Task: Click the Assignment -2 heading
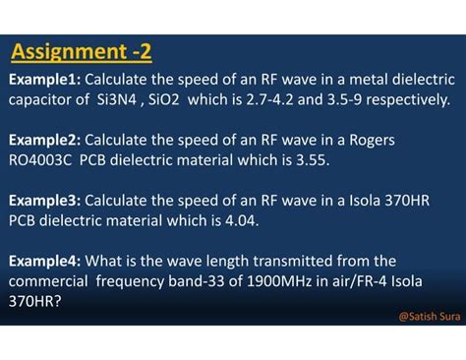[x=82, y=51]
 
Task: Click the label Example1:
[x=46, y=79]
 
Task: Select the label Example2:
[x=46, y=140]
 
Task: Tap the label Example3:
[x=46, y=201]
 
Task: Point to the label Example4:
[x=46, y=261]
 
